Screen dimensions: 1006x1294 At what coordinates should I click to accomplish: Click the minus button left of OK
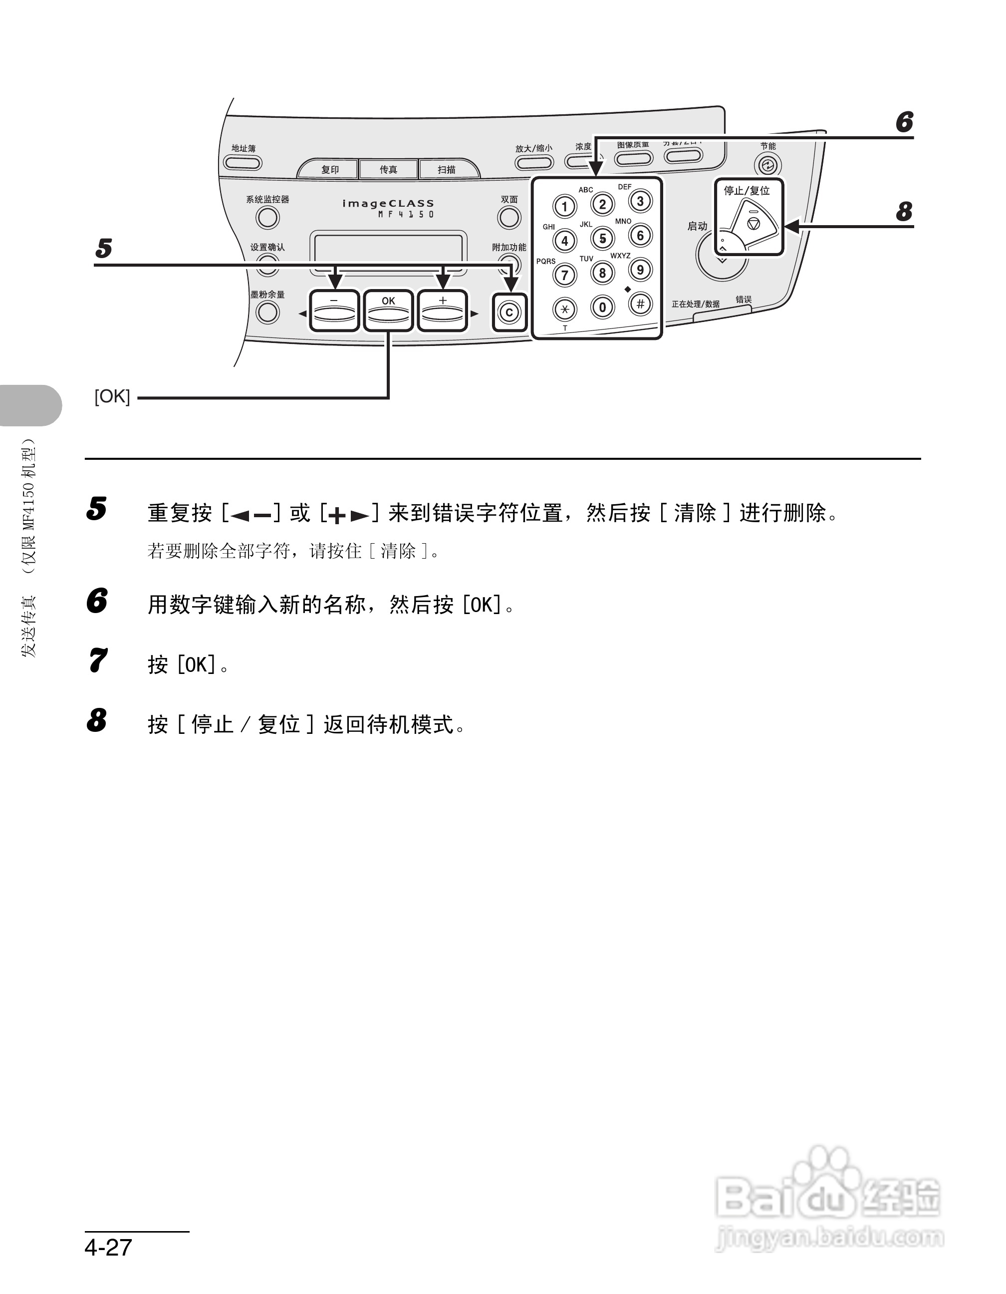pos(334,311)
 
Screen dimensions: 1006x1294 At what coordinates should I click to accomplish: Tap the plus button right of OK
pos(442,311)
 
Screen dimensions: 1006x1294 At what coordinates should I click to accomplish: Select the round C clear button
pos(509,312)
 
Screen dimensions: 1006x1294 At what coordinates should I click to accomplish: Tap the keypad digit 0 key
pos(602,307)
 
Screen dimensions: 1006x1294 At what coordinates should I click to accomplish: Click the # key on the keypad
pos(640,304)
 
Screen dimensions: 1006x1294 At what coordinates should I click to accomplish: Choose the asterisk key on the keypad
pos(564,309)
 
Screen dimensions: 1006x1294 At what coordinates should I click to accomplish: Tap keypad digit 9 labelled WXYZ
pos(640,270)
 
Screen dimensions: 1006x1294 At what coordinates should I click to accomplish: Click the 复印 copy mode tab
pos(330,169)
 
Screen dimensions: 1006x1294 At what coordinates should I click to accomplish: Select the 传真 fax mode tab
pos(388,169)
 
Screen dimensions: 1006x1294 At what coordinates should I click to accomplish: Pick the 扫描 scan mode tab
pos(447,169)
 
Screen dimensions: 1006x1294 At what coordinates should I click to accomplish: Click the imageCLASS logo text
pos(388,203)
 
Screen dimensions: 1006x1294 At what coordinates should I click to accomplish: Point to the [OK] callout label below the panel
pos(112,396)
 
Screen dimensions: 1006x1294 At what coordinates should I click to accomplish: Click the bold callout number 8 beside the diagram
pos(904,212)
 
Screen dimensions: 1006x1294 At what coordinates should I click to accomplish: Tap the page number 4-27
pos(108,1247)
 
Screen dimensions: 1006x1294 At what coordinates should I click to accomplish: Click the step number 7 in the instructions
pos(98,660)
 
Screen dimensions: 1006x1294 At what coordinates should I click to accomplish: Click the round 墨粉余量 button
pos(267,312)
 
